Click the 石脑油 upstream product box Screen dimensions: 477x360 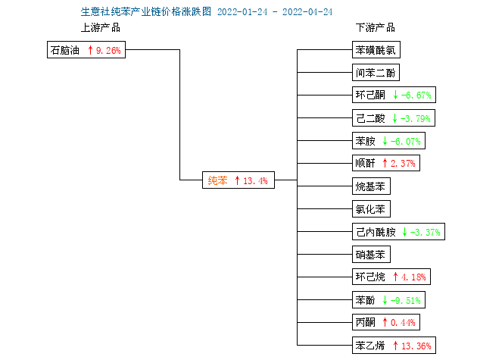[x=86, y=50]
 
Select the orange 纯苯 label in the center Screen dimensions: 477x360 [x=217, y=180]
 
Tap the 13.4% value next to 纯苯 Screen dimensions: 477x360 [x=255, y=180]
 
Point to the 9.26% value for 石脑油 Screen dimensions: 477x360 [x=108, y=50]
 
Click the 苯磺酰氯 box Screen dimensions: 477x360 [x=376, y=50]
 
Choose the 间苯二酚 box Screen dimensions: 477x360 [x=376, y=73]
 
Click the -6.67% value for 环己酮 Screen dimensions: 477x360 [x=416, y=95]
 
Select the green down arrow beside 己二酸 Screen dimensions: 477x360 [x=394, y=118]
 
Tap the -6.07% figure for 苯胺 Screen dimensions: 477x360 [x=406, y=141]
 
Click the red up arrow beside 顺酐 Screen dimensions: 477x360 [x=385, y=163]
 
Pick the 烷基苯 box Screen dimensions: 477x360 [x=371, y=186]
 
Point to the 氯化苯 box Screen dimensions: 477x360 [x=371, y=209]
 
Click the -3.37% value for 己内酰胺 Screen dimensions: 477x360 [x=425, y=232]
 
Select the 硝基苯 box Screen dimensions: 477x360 [x=371, y=255]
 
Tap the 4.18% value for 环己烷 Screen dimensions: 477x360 [x=413, y=277]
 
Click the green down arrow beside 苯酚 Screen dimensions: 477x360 [x=385, y=300]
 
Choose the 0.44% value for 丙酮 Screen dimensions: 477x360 [x=403, y=322]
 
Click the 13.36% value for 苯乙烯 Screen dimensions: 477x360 [x=416, y=346]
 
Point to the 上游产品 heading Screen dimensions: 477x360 [x=101, y=28]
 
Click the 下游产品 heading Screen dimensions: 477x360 [x=376, y=28]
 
